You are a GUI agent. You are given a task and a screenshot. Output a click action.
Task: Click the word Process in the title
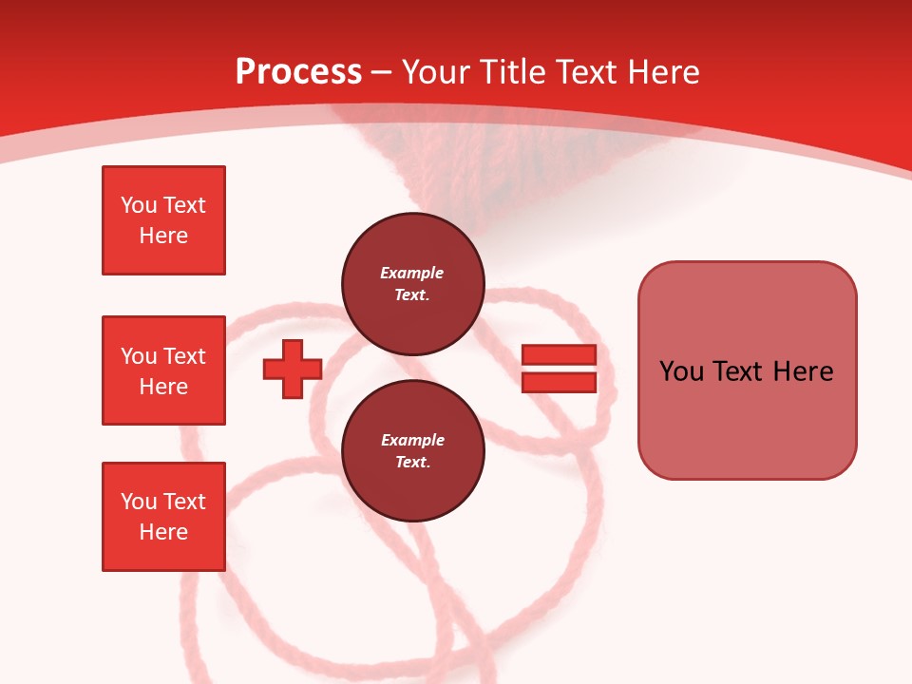pos(298,72)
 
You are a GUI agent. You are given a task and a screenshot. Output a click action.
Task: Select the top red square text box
pos(163,220)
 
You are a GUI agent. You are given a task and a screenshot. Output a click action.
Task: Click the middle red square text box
pos(163,370)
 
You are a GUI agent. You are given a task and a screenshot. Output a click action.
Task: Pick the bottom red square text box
pos(163,517)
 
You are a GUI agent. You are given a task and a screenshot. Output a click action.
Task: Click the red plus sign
pos(293,369)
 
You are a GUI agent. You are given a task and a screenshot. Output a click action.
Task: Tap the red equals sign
pos(559,369)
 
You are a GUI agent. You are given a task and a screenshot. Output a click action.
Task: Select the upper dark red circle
pos(412,283)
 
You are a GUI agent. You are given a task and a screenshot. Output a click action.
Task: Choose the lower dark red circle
pos(412,451)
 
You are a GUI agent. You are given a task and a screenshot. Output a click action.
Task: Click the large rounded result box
pos(747,370)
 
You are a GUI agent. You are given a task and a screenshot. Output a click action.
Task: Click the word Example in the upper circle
pos(412,273)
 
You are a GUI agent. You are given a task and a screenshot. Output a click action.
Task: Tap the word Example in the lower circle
pos(412,440)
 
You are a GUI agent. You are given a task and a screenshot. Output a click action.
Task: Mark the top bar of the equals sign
pos(559,354)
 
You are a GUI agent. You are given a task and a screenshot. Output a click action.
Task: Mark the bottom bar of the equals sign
pos(559,383)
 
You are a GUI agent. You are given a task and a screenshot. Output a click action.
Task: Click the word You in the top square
pos(138,205)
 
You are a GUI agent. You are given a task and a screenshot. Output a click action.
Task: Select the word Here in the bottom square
pos(163,532)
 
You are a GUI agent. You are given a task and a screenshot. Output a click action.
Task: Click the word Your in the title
pos(438,72)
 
